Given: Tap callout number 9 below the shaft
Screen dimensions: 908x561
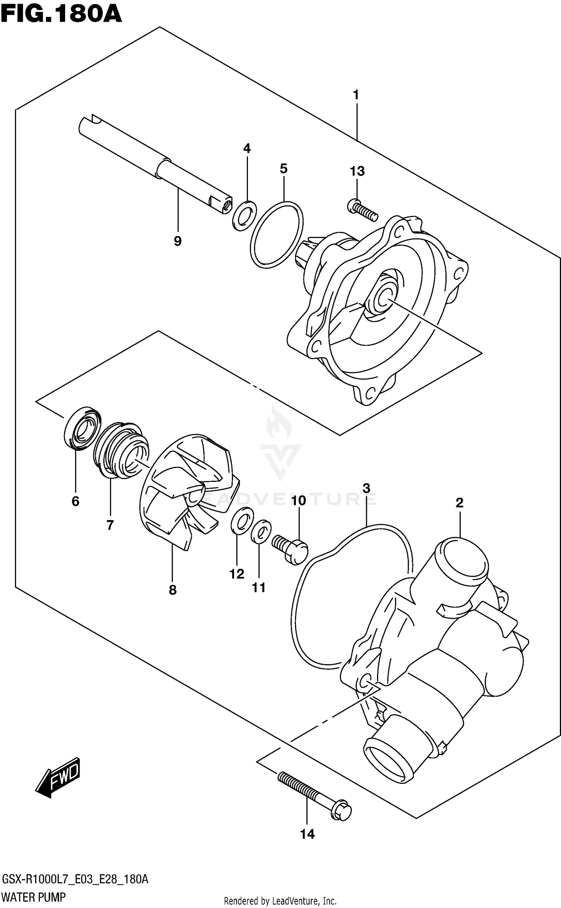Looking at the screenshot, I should (x=178, y=241).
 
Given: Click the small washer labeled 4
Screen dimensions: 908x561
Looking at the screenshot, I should (x=245, y=216).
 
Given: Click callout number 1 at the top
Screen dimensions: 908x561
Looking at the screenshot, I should (x=356, y=95).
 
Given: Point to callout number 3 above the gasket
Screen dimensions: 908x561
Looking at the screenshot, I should (x=366, y=488).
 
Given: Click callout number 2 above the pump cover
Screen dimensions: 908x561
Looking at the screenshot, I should (x=459, y=502).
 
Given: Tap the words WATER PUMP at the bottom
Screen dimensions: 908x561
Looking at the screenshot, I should (x=34, y=898).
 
